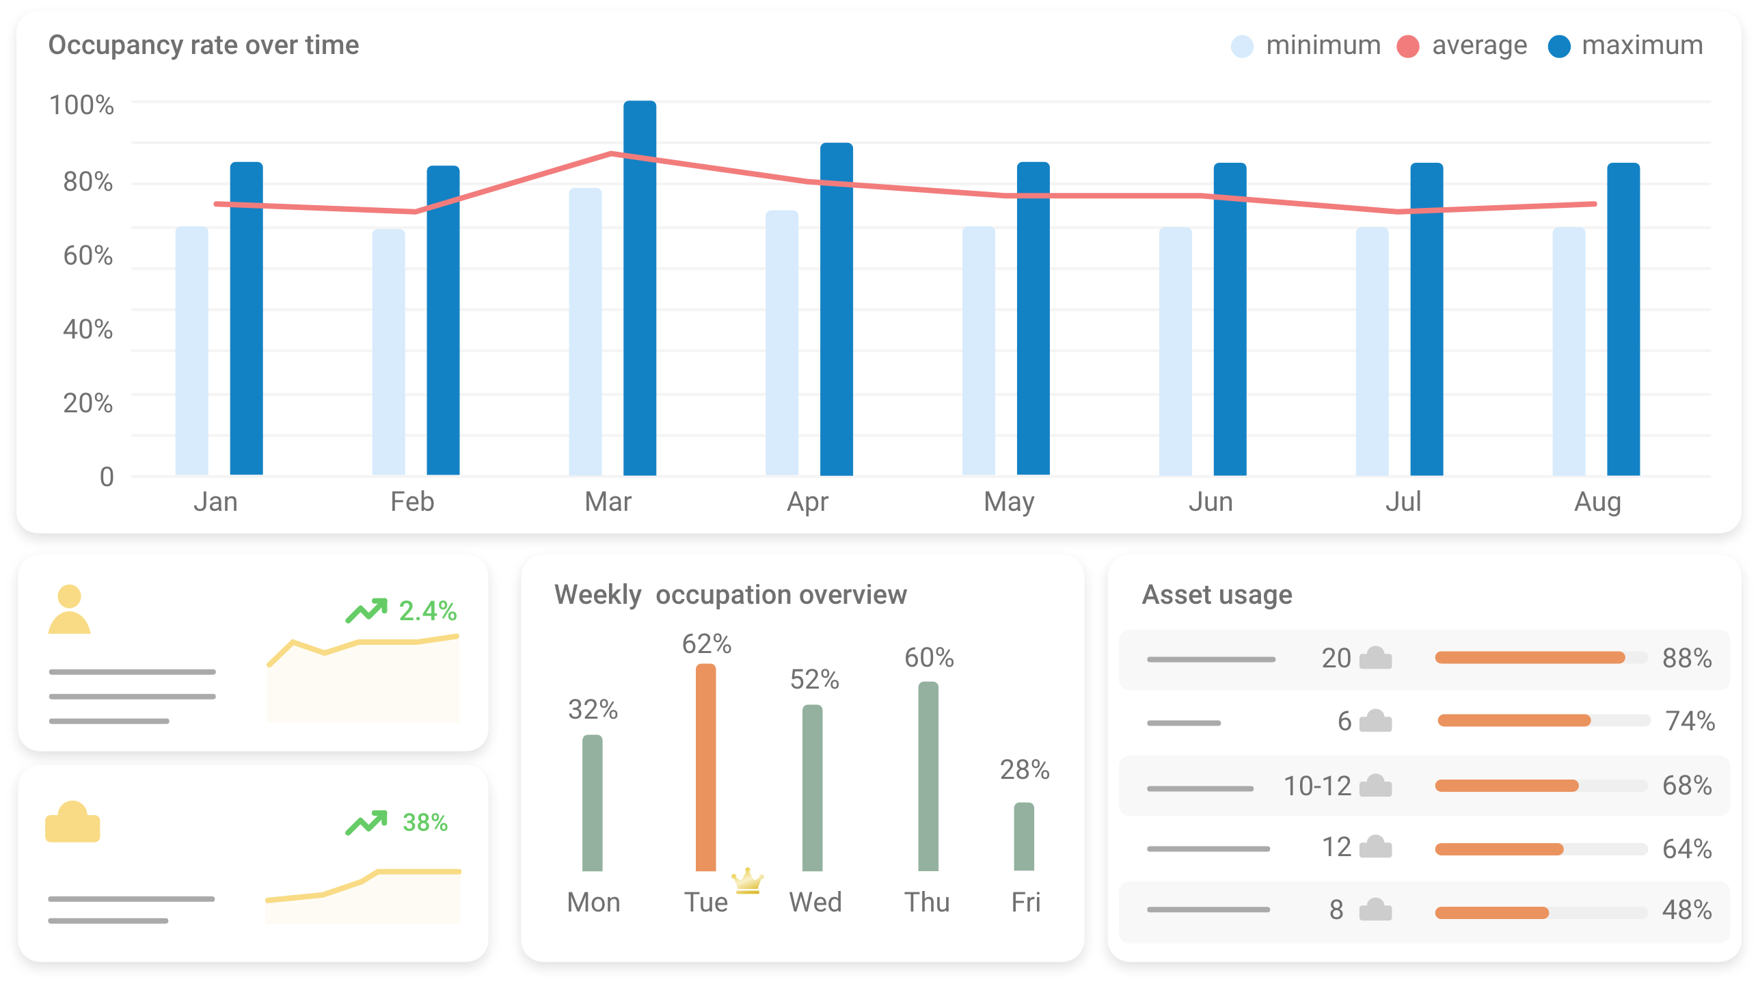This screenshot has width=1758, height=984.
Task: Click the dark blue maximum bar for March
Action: click(x=640, y=287)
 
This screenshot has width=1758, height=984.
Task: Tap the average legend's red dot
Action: click(x=1408, y=46)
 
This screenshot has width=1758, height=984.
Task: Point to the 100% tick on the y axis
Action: click(x=81, y=105)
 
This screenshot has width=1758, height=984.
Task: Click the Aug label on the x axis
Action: click(x=1597, y=503)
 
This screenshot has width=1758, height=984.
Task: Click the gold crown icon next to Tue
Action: click(x=748, y=881)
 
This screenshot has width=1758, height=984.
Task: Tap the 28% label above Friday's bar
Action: click(x=1025, y=770)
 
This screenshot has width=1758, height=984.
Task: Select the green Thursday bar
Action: click(x=928, y=776)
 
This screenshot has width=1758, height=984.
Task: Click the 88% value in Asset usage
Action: click(x=1687, y=659)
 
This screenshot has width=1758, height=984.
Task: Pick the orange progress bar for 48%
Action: click(x=1491, y=913)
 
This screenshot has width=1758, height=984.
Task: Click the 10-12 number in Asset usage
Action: click(x=1317, y=786)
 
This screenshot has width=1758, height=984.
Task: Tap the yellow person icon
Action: click(x=69, y=609)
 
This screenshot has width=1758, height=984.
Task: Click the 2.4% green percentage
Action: click(x=428, y=611)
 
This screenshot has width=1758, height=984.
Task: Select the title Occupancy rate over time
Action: click(x=204, y=45)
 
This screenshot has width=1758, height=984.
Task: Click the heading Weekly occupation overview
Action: click(x=731, y=595)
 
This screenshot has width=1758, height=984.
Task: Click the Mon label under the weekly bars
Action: click(x=593, y=903)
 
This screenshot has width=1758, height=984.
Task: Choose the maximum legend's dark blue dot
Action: click(x=1559, y=46)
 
